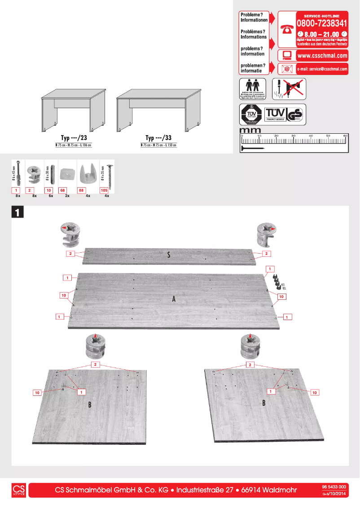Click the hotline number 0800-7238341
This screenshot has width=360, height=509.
click(321, 23)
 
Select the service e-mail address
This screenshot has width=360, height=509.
click(322, 69)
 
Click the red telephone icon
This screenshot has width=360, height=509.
click(286, 30)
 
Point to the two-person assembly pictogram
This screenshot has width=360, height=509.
click(251, 88)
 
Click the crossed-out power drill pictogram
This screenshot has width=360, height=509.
click(289, 88)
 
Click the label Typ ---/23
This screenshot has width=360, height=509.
click(74, 138)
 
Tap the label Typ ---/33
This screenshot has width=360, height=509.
click(158, 138)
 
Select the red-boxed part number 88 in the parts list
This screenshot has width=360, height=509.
click(82, 191)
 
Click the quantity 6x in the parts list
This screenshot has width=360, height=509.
click(51, 196)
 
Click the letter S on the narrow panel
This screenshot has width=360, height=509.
click(168, 255)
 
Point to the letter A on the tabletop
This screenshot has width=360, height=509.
click(173, 299)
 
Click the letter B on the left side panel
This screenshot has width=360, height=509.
click(90, 405)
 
